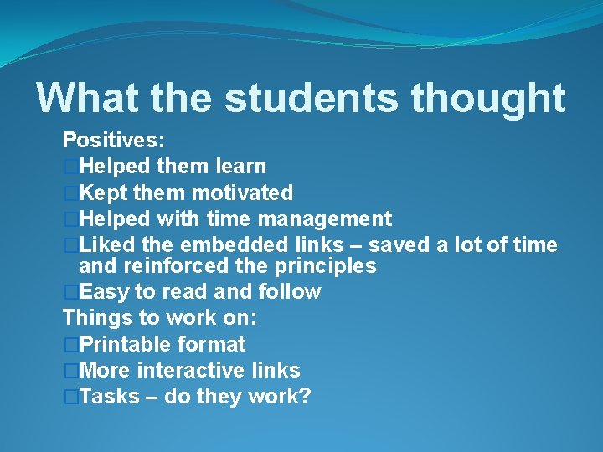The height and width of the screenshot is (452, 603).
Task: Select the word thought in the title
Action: point(488,98)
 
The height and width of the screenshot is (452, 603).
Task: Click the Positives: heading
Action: point(113,140)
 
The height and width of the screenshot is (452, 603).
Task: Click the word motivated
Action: point(242,193)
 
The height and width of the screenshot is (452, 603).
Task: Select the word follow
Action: point(290,292)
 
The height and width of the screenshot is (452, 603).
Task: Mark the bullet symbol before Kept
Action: point(71,193)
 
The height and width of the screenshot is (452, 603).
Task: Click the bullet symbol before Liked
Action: point(71,244)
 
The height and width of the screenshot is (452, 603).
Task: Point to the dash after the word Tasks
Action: point(152,396)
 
